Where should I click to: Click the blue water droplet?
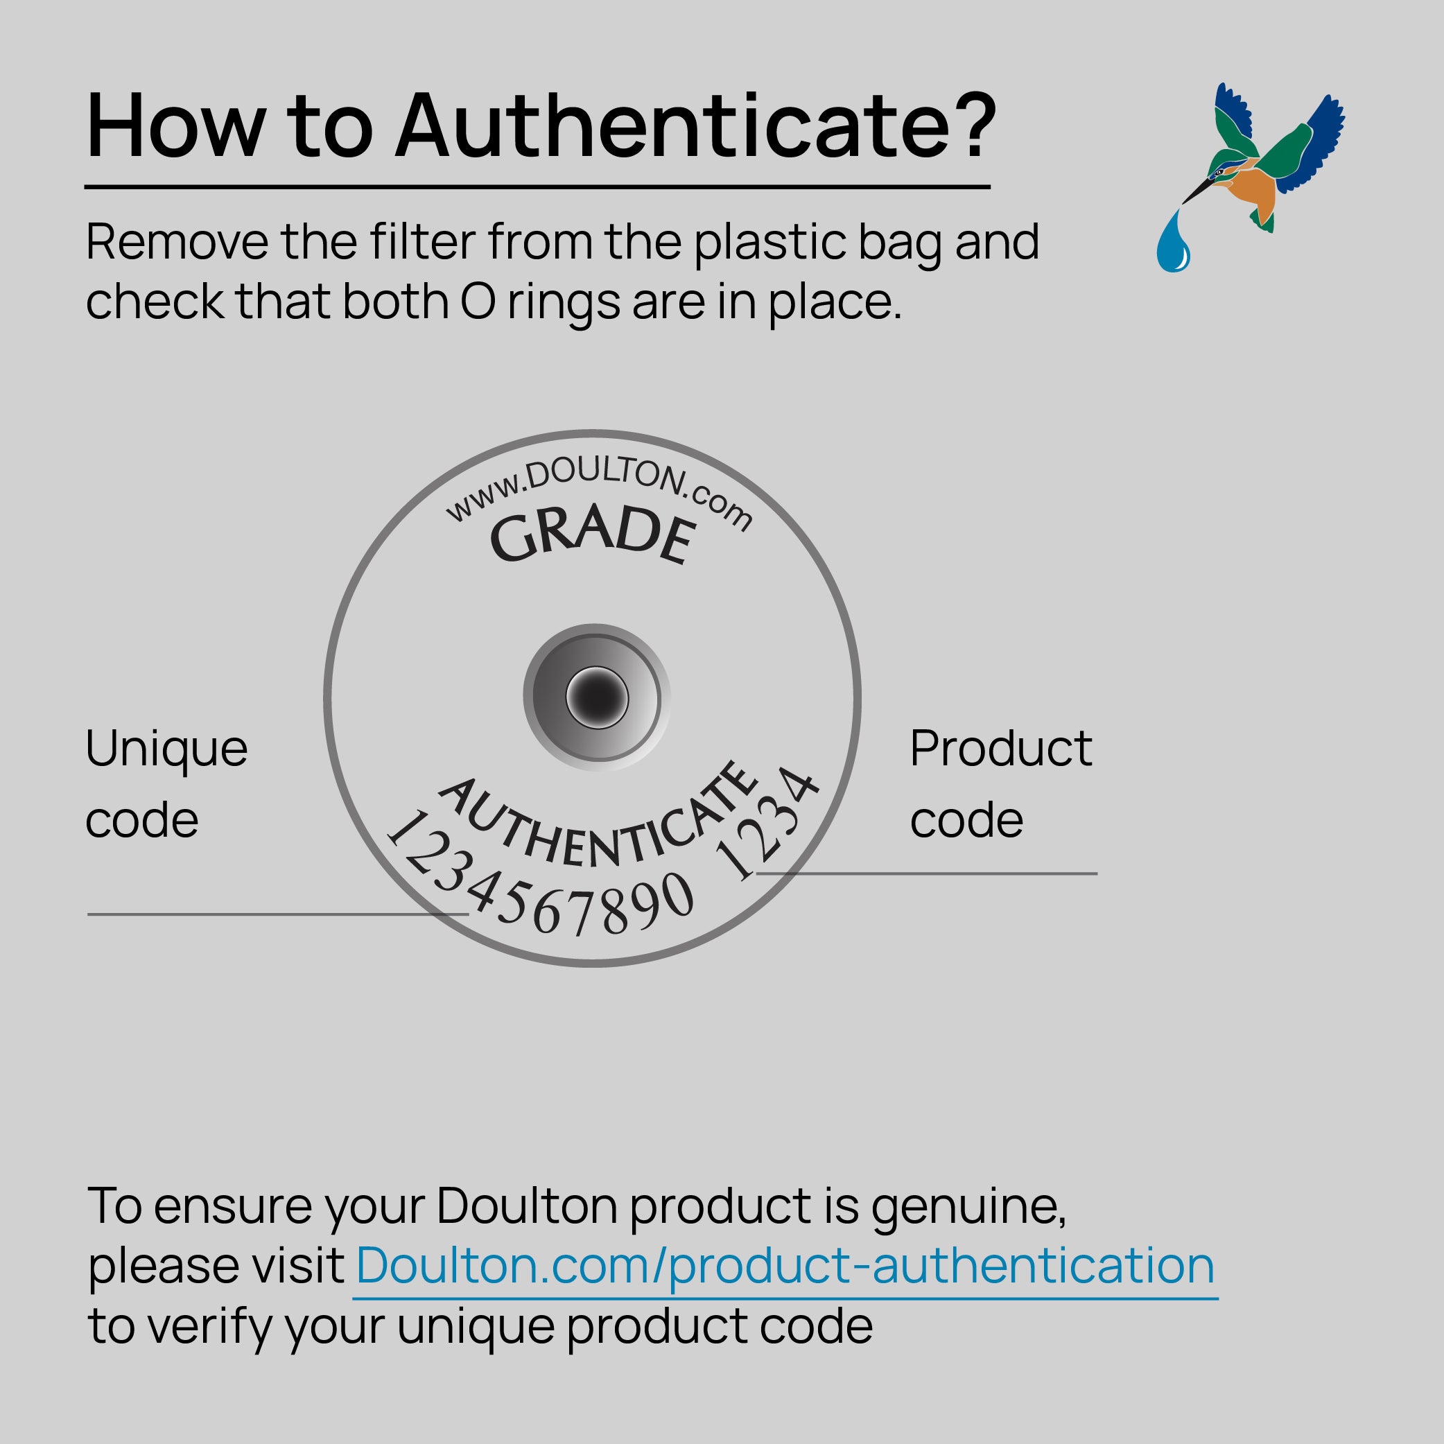[x=1174, y=241]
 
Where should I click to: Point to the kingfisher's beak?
[x=1196, y=191]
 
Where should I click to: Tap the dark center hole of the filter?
[x=596, y=697]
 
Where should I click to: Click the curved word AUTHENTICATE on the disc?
[x=598, y=822]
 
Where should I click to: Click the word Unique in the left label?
[x=166, y=749]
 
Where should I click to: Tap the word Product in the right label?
[x=1001, y=749]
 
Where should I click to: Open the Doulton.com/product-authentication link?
[x=785, y=1266]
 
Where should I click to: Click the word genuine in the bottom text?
[x=968, y=1208]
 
